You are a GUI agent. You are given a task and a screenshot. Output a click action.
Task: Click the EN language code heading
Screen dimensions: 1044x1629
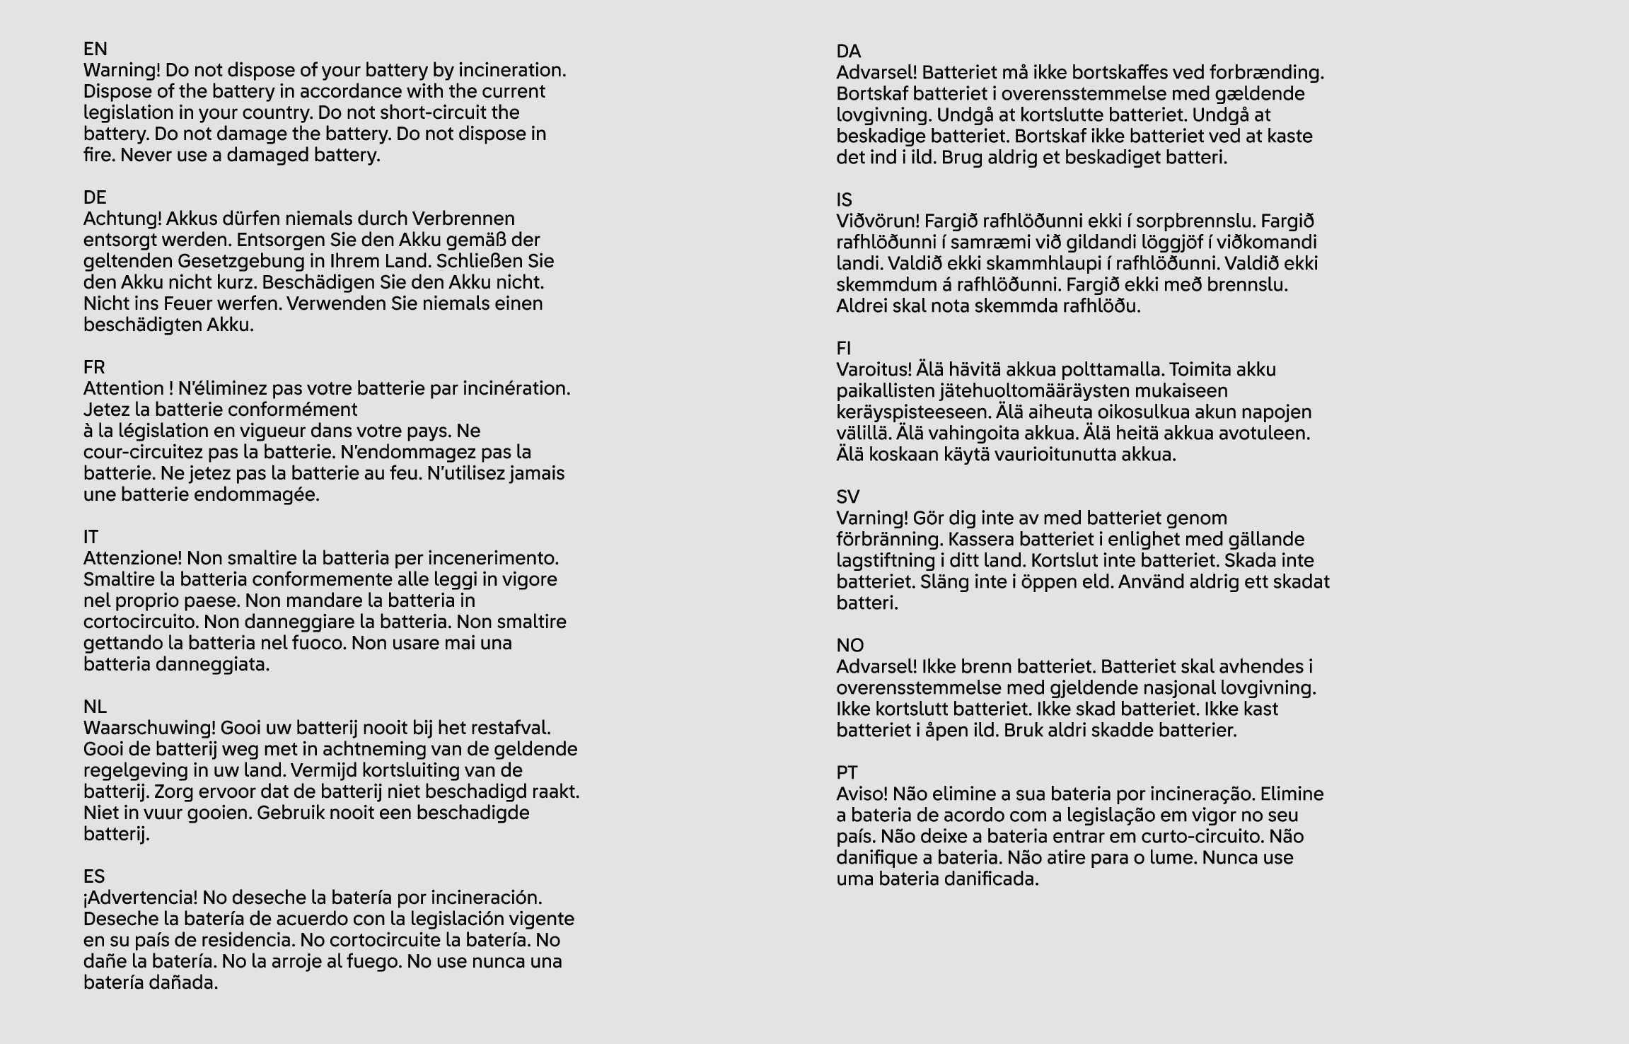click(95, 49)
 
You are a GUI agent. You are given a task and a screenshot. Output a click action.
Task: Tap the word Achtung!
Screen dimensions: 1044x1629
click(122, 219)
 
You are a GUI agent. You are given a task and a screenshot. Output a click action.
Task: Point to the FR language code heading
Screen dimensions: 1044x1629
click(94, 367)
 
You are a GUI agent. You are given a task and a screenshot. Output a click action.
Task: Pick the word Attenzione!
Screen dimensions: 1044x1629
click(132, 558)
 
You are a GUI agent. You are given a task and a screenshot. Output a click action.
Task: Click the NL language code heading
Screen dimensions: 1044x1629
click(95, 707)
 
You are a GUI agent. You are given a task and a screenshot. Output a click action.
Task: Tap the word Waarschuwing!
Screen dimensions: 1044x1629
click(149, 728)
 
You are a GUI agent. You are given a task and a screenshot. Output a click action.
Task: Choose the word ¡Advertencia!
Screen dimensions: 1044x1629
click(141, 898)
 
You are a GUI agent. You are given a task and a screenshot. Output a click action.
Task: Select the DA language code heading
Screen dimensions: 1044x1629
click(849, 52)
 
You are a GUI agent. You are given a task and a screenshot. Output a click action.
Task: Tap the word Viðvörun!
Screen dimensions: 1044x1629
click(878, 221)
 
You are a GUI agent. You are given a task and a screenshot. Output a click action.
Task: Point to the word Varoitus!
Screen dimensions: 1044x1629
click(874, 370)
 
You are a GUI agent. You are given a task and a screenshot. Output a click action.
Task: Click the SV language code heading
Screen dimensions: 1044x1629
click(847, 497)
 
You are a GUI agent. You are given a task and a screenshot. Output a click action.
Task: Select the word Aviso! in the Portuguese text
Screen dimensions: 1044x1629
click(862, 794)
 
